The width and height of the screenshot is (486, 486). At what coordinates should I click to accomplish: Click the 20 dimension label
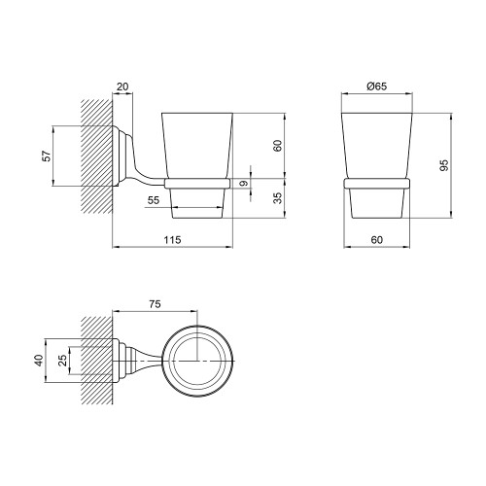(x=122, y=87)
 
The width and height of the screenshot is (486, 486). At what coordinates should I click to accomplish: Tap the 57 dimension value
(x=48, y=156)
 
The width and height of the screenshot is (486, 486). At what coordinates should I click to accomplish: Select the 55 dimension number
(x=154, y=200)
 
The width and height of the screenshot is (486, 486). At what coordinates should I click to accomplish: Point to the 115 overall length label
(x=172, y=240)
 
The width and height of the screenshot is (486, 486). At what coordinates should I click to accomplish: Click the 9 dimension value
(x=245, y=184)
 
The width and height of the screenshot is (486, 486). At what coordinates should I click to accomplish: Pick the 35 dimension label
(x=278, y=198)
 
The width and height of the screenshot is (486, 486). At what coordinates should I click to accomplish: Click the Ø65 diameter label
(x=376, y=87)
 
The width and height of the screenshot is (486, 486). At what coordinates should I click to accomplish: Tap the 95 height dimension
(x=444, y=165)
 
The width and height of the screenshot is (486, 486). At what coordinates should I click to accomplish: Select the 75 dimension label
(x=155, y=304)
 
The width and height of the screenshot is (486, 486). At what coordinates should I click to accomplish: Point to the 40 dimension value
(x=39, y=361)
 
